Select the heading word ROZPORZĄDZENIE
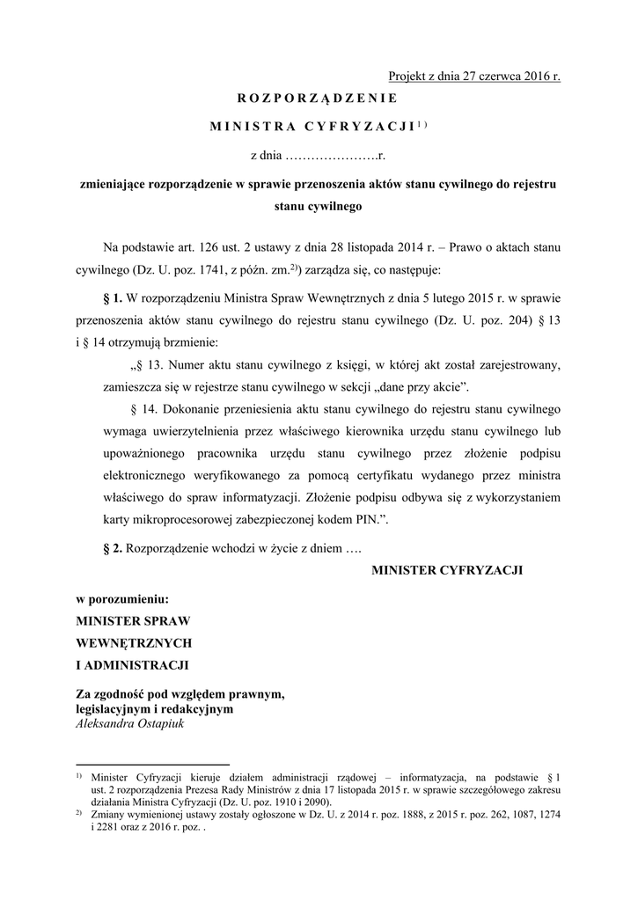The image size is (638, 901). tap(318, 98)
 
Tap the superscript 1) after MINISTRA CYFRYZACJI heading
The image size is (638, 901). tap(422, 124)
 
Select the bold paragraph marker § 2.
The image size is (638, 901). tap(114, 548)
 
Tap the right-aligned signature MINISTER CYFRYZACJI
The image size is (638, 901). tap(448, 571)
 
